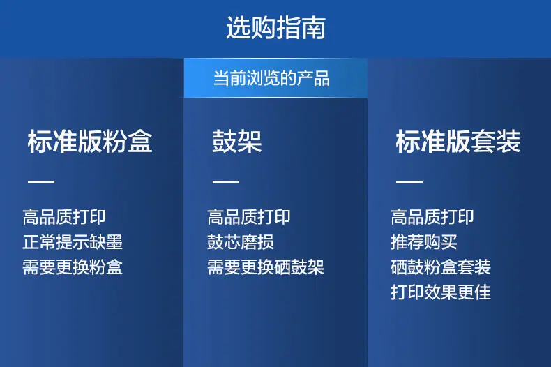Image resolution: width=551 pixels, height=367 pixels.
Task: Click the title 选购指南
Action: (276, 27)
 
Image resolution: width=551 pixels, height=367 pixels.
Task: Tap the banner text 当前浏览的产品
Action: (271, 78)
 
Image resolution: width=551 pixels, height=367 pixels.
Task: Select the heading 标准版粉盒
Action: (90, 142)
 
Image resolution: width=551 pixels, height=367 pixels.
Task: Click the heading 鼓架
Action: (237, 142)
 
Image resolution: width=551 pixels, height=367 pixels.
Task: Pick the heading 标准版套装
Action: (458, 142)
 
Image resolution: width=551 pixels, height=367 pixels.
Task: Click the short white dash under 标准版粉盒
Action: (41, 181)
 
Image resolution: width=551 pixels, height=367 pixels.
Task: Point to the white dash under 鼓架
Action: (226, 181)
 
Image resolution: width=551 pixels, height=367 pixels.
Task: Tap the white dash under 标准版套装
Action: (409, 181)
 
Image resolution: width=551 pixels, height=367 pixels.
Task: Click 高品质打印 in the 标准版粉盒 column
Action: (64, 217)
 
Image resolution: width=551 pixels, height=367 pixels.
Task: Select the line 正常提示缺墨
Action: (73, 242)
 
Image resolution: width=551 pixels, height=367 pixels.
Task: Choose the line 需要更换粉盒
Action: (73, 267)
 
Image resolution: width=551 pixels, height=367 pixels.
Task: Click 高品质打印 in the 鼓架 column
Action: (249, 217)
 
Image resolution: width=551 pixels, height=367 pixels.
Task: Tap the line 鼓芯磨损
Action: (241, 242)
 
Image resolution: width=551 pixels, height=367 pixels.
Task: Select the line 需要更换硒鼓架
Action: (266, 267)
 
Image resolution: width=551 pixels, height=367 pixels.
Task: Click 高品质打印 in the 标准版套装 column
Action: (432, 217)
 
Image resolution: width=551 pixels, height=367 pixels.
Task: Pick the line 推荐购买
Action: (424, 242)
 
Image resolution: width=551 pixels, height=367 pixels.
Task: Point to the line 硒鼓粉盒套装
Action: (441, 267)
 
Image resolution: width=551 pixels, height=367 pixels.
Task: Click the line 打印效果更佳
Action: (441, 292)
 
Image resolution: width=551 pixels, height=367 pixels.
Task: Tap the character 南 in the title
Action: (314, 27)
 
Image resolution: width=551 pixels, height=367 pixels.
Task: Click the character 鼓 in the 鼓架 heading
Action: (225, 142)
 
